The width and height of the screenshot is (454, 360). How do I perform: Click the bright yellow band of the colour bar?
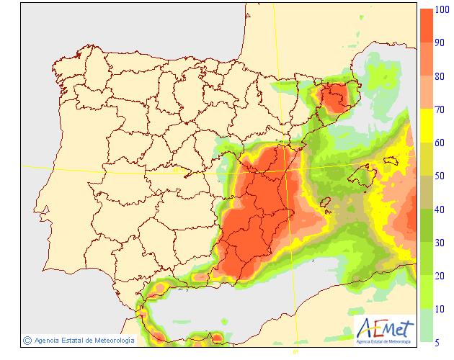[x=427, y=126]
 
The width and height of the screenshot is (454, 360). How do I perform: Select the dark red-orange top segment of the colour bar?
[x=427, y=26]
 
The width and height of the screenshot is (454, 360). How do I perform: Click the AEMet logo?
[x=386, y=330]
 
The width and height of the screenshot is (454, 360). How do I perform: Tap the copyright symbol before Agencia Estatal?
[x=27, y=340]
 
